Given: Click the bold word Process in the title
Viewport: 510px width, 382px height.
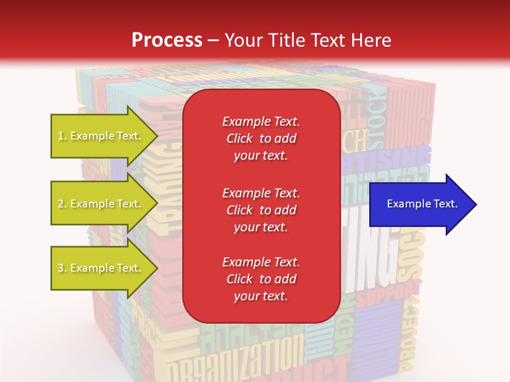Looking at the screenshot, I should (167, 40).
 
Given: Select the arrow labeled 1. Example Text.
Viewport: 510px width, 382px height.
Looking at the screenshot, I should (101, 136).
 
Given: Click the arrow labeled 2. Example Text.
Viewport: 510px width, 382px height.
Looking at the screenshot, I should (101, 204).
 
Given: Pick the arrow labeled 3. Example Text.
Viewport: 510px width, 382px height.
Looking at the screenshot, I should (101, 268).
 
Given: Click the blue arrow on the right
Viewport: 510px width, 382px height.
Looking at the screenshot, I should (422, 204).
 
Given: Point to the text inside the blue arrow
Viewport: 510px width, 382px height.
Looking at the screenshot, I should (422, 204).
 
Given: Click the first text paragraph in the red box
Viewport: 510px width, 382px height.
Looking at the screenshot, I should (261, 138).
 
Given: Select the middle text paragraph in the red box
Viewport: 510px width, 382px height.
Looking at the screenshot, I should (261, 210).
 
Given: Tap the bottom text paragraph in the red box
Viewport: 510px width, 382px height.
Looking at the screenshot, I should (261, 279).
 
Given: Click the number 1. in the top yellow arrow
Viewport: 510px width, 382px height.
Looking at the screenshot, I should (62, 136).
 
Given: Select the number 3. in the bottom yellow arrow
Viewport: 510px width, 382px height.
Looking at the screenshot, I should (62, 268).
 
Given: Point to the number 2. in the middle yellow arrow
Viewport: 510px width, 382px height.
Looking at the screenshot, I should (62, 204).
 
